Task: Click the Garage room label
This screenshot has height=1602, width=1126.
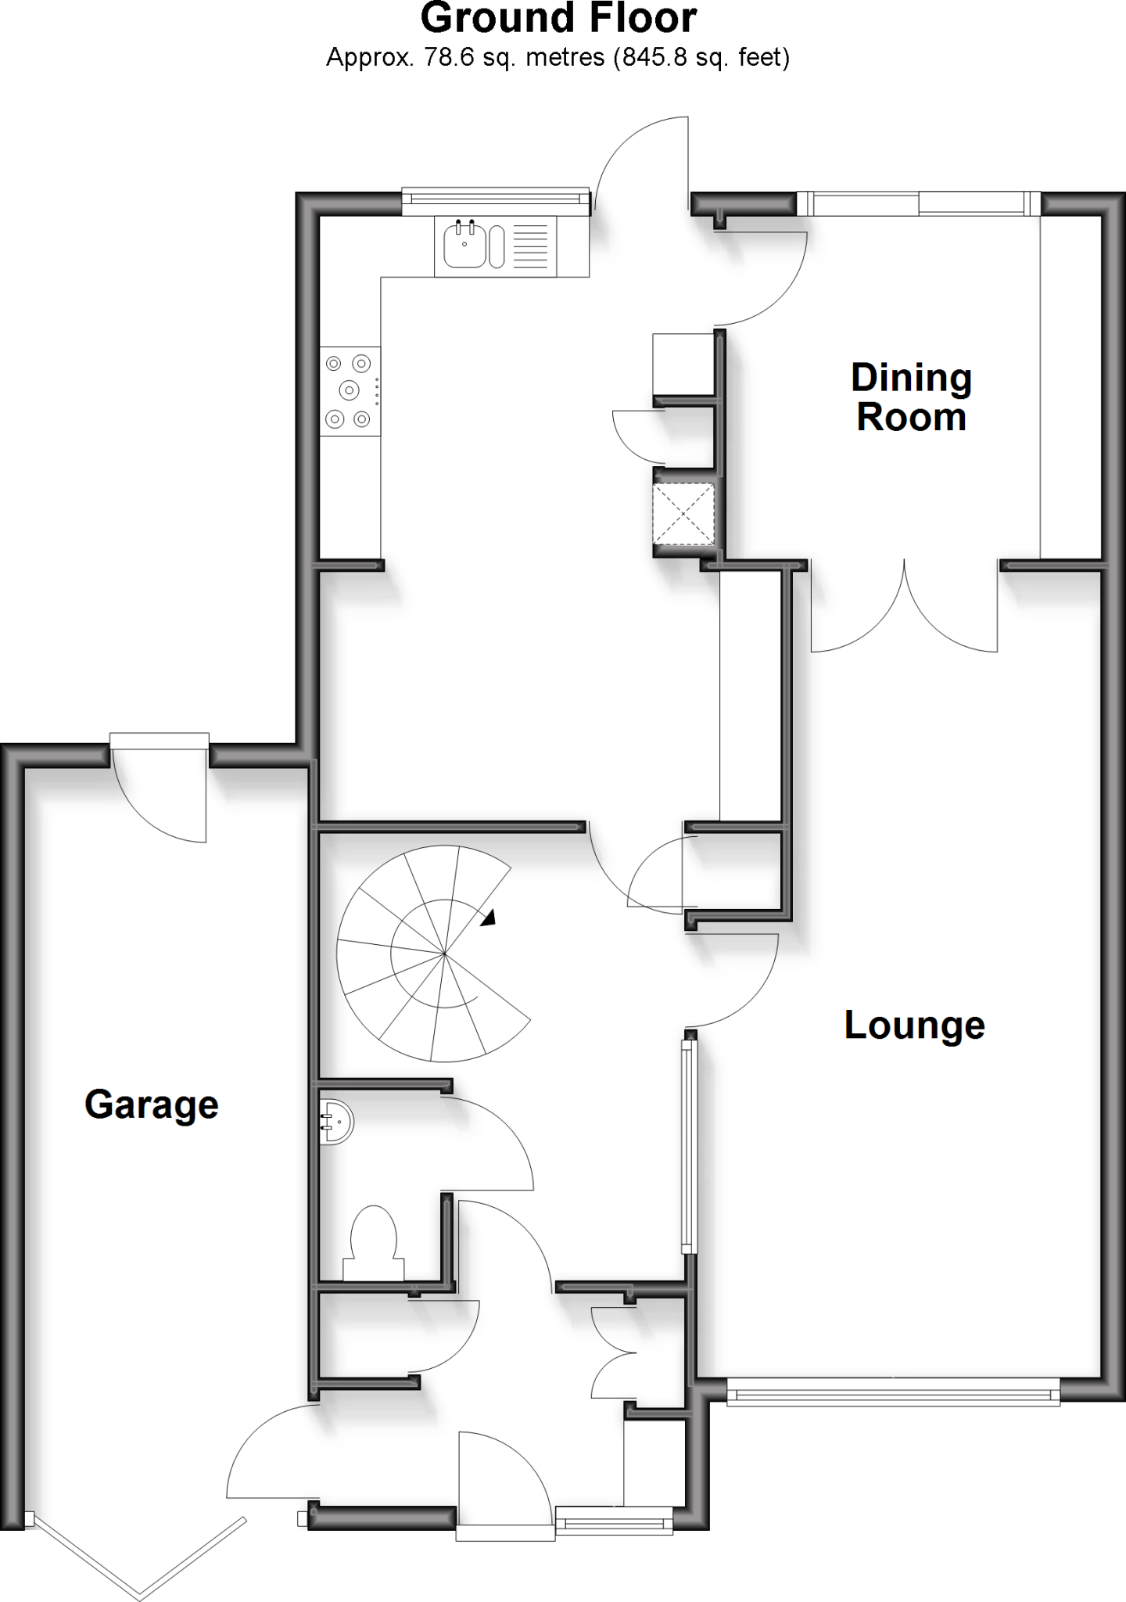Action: pos(151,1105)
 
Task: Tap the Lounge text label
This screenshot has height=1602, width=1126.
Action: pos(914,1025)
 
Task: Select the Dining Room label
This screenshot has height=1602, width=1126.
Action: pos(911,397)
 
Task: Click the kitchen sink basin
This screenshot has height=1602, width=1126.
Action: pos(465,245)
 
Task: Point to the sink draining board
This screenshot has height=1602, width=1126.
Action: pos(532,245)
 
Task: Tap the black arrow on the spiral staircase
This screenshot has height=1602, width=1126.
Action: pos(488,918)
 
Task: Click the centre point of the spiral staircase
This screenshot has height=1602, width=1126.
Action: pos(444,954)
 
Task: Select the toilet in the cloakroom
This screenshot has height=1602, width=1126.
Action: pos(374,1240)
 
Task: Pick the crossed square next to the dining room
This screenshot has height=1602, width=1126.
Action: pos(684,513)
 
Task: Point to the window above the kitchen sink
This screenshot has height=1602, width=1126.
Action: pos(495,202)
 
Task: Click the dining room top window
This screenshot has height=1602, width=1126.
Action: pos(920,203)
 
